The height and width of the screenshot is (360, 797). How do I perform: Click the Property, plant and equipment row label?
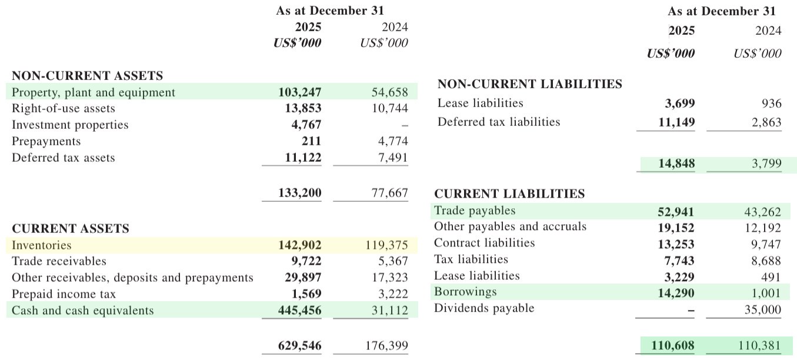94,92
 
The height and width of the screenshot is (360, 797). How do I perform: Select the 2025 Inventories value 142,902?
299,245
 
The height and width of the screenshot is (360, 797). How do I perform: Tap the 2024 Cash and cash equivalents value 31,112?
385,311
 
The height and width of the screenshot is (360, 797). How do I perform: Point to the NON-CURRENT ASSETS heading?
88,75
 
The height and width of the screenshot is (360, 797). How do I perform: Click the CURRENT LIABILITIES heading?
509,194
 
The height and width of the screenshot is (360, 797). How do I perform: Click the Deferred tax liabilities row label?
499,122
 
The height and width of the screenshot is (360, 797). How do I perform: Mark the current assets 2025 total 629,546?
299,345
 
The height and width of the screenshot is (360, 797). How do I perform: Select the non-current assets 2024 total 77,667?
385,192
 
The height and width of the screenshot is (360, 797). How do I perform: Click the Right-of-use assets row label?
64,108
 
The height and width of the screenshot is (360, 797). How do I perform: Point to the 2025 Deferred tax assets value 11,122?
299,158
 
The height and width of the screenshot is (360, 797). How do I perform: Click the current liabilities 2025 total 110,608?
673,345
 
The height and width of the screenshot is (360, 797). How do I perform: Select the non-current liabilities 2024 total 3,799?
766,164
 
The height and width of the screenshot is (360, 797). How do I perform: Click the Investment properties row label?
70,125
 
